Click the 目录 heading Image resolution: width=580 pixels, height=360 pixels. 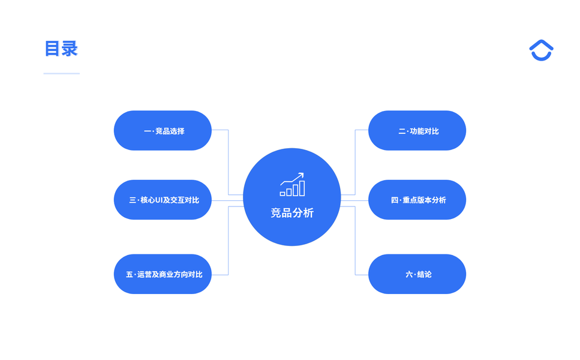[61, 49]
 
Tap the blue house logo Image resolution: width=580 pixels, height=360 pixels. [541, 50]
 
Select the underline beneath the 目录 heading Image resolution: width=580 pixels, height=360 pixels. [61, 74]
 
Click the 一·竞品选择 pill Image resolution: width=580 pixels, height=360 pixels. [163, 131]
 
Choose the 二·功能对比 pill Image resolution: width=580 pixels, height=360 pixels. [417, 131]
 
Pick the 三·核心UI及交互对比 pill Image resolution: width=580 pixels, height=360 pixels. [163, 200]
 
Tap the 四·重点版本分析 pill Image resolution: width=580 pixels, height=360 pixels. [417, 200]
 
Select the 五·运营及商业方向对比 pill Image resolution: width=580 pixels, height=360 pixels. [163, 274]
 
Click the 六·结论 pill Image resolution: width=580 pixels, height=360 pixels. [417, 274]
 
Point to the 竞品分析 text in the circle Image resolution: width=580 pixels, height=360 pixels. [292, 213]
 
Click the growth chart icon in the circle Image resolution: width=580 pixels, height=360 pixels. [292, 185]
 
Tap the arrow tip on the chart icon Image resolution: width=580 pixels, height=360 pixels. [302, 175]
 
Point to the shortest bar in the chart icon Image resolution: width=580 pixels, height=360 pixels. [283, 194]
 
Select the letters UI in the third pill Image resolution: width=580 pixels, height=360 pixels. [159, 200]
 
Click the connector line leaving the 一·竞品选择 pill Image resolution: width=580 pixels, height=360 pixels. [220, 130]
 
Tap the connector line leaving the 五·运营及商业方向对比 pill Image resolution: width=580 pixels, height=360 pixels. [220, 275]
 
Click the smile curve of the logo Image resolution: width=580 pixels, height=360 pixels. [541, 57]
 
